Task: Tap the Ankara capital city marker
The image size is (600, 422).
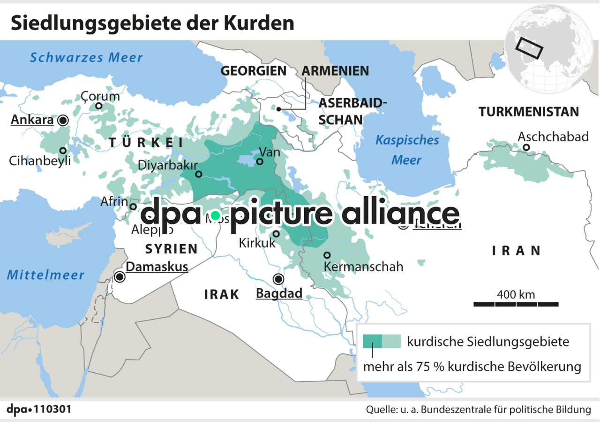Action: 62,121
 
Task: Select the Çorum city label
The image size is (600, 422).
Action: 100,96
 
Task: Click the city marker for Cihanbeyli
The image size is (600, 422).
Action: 62,151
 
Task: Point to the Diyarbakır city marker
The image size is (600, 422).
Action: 198,174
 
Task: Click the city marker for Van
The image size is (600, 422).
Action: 260,161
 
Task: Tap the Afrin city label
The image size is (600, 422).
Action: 114,201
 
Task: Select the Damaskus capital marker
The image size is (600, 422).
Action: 120,277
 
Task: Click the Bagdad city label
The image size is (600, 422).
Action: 279,294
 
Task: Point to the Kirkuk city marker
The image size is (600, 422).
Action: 277,234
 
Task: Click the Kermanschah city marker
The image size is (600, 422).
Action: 327,255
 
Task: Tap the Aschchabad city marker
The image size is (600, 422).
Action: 526,147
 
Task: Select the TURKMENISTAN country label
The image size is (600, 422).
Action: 528,112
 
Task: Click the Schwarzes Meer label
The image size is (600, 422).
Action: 86,58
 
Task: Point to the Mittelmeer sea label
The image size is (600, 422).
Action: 45,275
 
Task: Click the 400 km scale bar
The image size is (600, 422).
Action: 516,304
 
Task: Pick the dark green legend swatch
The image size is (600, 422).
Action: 373,341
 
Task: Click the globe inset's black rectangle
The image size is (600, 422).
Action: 529,48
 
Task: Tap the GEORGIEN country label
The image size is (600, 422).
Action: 253,71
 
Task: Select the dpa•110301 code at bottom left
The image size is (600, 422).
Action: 39,409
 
